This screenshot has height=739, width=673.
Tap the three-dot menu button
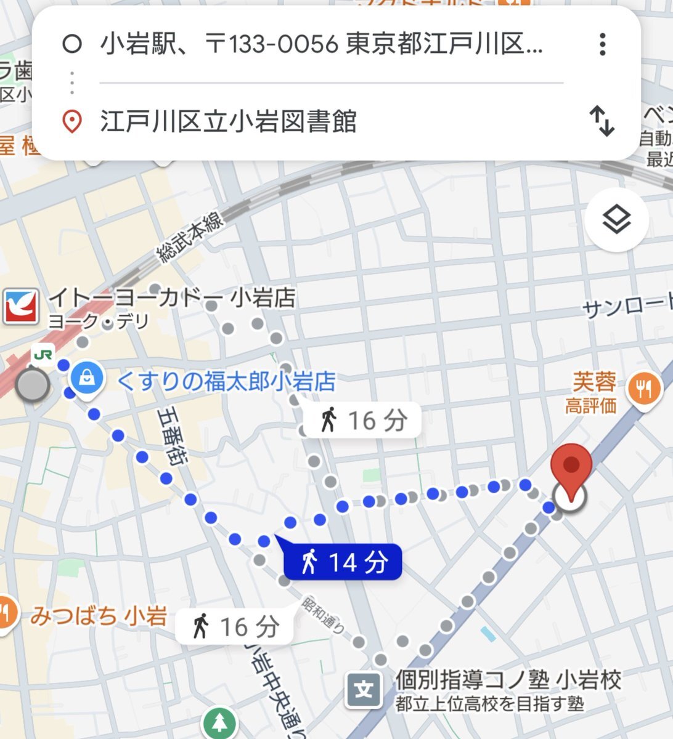point(602,44)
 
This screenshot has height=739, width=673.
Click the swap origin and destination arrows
point(602,121)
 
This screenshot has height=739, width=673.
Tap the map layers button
point(616,220)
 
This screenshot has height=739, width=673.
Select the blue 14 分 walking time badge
point(343,562)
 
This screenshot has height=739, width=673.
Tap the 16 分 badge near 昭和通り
point(235,627)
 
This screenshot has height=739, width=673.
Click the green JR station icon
point(43,354)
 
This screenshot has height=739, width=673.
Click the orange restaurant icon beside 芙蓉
point(644,389)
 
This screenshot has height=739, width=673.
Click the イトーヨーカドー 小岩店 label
point(172,299)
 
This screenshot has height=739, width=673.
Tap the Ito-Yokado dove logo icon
point(20,306)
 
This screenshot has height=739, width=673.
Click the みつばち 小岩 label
point(99,616)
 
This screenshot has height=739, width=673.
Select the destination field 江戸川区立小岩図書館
point(228,121)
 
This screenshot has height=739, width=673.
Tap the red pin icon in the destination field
point(73,121)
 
